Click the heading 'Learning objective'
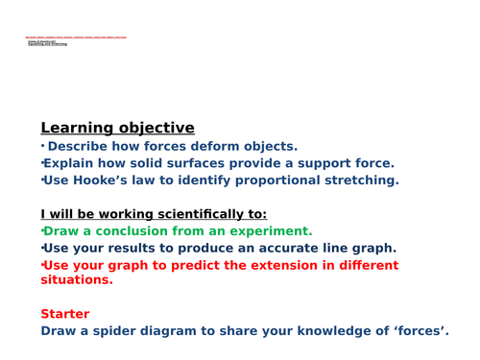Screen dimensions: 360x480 [117, 128]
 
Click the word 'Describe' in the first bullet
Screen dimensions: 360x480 [84, 147]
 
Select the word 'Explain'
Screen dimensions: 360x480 [76, 163]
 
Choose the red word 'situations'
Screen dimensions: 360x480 [76, 280]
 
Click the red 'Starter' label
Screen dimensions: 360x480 [65, 314]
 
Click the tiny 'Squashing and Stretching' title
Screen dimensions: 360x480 [47, 44]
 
